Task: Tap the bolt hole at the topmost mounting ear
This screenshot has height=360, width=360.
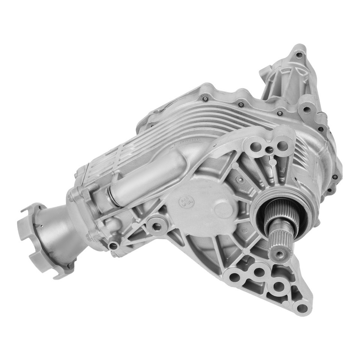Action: tap(298, 55)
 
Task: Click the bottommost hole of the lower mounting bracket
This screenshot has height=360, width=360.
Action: tap(300, 309)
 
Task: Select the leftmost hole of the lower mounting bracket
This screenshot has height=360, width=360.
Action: tap(233, 278)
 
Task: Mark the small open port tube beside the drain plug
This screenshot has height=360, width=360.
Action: tap(114, 246)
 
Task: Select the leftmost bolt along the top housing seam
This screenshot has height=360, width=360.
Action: tap(205, 99)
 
